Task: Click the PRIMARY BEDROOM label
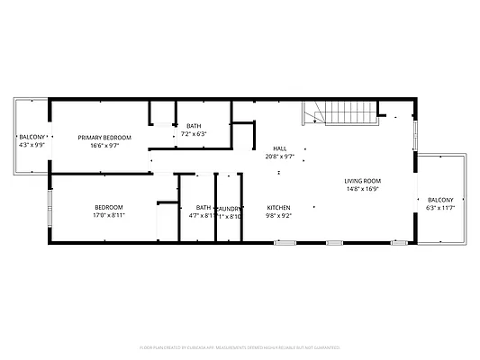104,138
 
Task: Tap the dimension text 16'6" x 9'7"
104,146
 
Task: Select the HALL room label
280,148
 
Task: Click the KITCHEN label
279,207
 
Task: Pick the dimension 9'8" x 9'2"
279,215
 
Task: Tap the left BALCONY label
32,137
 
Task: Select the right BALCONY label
440,200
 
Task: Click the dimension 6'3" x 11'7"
440,208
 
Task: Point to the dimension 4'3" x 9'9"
32,145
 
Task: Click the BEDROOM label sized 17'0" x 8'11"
108,207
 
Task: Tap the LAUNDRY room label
230,207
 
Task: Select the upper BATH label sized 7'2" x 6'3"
195,126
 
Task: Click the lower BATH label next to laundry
204,207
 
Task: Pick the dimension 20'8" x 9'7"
280,157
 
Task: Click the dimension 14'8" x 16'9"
362,189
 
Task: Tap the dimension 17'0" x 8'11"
108,215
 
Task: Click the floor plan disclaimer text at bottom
240,346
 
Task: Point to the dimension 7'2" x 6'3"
195,134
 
